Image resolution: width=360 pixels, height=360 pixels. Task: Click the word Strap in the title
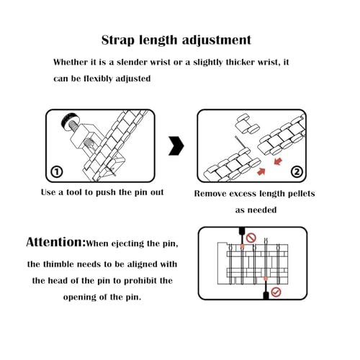[118, 40]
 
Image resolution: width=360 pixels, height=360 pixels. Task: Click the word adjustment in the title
[217, 40]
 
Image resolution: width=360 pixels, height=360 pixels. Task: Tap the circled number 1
[57, 172]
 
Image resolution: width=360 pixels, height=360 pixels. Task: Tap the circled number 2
[297, 172]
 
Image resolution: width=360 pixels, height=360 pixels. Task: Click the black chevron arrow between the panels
[176, 145]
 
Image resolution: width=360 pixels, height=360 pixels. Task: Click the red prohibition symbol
[251, 238]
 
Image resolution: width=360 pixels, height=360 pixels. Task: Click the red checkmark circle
[276, 292]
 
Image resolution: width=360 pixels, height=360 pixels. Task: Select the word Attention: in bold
[55, 242]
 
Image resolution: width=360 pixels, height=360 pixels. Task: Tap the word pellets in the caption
[301, 194]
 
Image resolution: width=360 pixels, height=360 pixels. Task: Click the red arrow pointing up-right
[261, 171]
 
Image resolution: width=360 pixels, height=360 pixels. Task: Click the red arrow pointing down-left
[278, 161]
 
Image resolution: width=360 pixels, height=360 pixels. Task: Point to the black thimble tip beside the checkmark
[266, 295]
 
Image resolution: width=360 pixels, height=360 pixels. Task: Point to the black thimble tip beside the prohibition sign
[242, 231]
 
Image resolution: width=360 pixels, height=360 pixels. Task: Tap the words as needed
[256, 210]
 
